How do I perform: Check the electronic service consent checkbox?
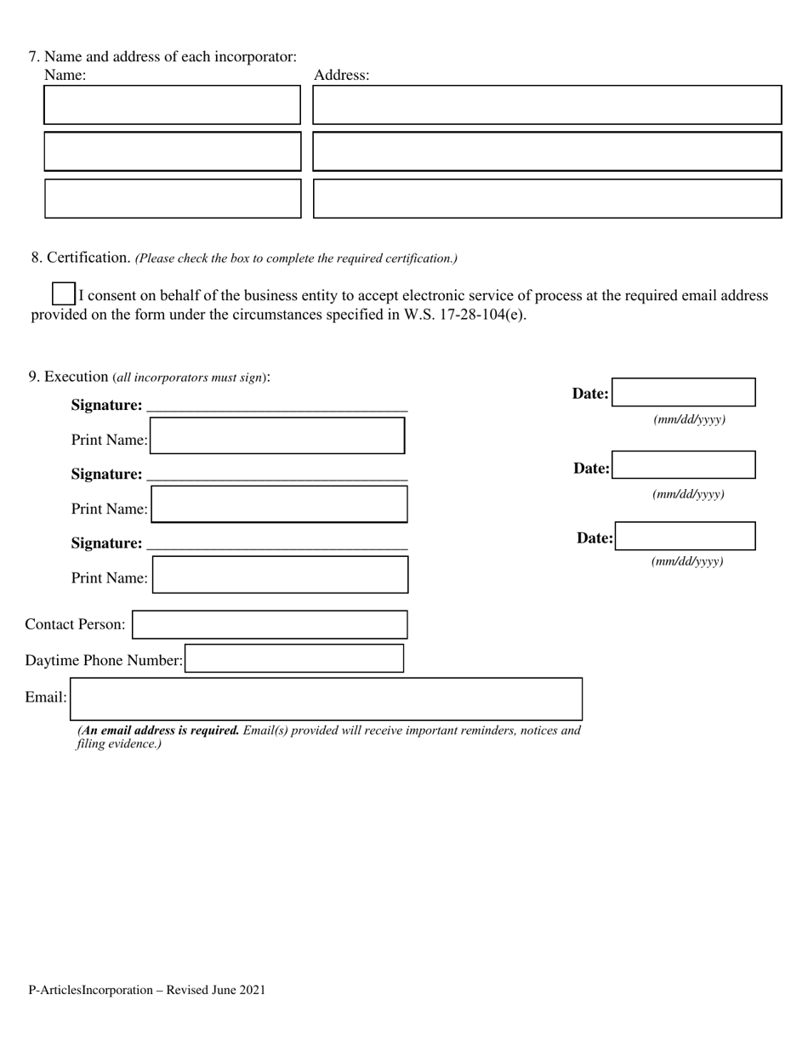click(63, 293)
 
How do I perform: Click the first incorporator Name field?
click(172, 105)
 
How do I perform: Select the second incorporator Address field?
click(547, 151)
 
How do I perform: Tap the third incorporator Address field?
click(547, 198)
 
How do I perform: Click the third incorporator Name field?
click(172, 198)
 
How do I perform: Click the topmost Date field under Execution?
click(684, 393)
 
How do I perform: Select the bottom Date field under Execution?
click(686, 537)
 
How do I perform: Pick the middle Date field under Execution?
click(684, 465)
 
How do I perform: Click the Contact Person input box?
click(270, 624)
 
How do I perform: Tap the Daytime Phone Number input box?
click(294, 659)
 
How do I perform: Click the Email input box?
click(326, 699)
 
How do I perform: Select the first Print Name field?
click(277, 435)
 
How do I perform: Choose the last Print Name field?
click(280, 575)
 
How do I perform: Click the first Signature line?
click(277, 406)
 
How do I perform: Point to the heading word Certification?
click(88, 257)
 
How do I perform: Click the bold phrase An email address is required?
click(159, 730)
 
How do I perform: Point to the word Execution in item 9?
click(77, 376)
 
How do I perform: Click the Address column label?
click(341, 75)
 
